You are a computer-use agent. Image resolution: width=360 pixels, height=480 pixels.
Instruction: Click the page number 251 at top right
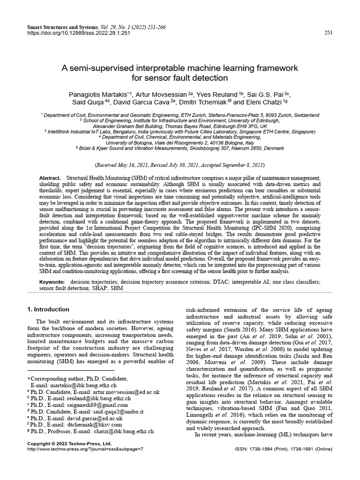[x=328, y=32]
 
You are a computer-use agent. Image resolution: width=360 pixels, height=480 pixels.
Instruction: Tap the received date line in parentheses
[x=180, y=165]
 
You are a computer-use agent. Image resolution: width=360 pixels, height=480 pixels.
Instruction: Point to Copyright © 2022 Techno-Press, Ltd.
[x=69, y=443]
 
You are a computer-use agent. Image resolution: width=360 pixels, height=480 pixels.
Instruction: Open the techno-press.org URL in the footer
[x=85, y=449]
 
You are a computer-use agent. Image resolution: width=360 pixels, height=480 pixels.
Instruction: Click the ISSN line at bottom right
[x=284, y=449]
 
